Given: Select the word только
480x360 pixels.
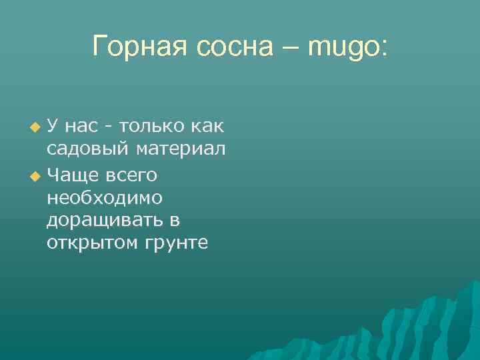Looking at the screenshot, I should click(148, 125).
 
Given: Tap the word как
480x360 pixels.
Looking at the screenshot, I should click(207, 125).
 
